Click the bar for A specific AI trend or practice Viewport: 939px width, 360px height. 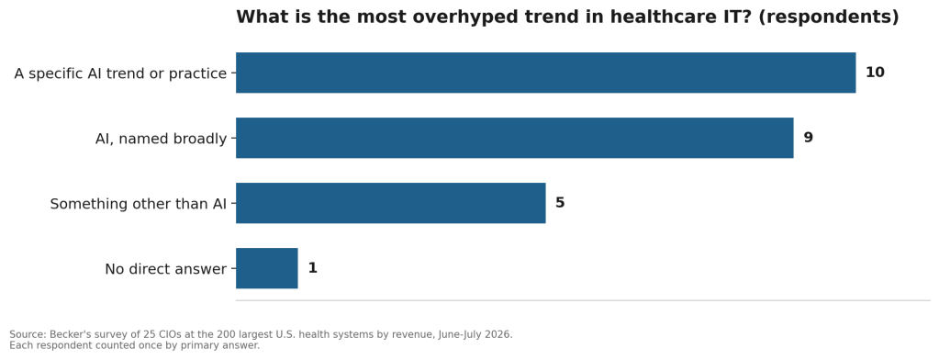coord(545,73)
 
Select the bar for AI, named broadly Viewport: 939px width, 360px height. coord(514,138)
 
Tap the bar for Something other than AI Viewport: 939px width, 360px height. coord(390,203)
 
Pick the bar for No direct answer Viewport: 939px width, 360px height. coord(266,268)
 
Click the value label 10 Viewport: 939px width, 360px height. coord(875,73)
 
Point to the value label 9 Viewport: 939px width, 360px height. coord(808,138)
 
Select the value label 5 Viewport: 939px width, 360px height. coord(560,203)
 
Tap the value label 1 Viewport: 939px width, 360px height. coord(313,268)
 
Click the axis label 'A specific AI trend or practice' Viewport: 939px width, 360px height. coord(120,73)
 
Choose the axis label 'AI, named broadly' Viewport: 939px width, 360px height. coord(162,139)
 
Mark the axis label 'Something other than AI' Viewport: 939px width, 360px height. coord(139,204)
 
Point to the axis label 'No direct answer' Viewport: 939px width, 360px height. coord(166,270)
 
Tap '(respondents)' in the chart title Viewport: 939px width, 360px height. coord(829,17)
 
